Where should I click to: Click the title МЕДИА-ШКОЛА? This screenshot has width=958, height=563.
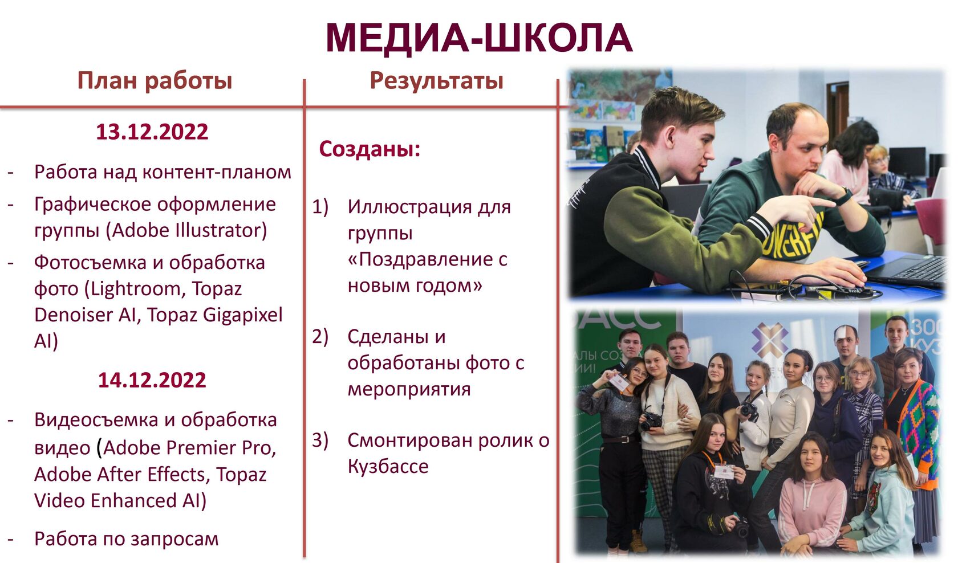479,38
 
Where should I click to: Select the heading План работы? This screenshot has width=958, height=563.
155,80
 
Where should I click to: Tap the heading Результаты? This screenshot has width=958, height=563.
437,80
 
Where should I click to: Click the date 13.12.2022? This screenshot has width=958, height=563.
152,132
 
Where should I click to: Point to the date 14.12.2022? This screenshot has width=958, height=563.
152,380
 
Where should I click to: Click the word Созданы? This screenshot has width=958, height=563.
370,149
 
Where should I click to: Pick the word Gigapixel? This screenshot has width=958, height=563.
242,316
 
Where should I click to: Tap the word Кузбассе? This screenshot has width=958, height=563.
388,466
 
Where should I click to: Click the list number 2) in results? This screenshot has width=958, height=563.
320,337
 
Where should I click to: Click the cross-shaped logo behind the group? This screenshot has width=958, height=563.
769,340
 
